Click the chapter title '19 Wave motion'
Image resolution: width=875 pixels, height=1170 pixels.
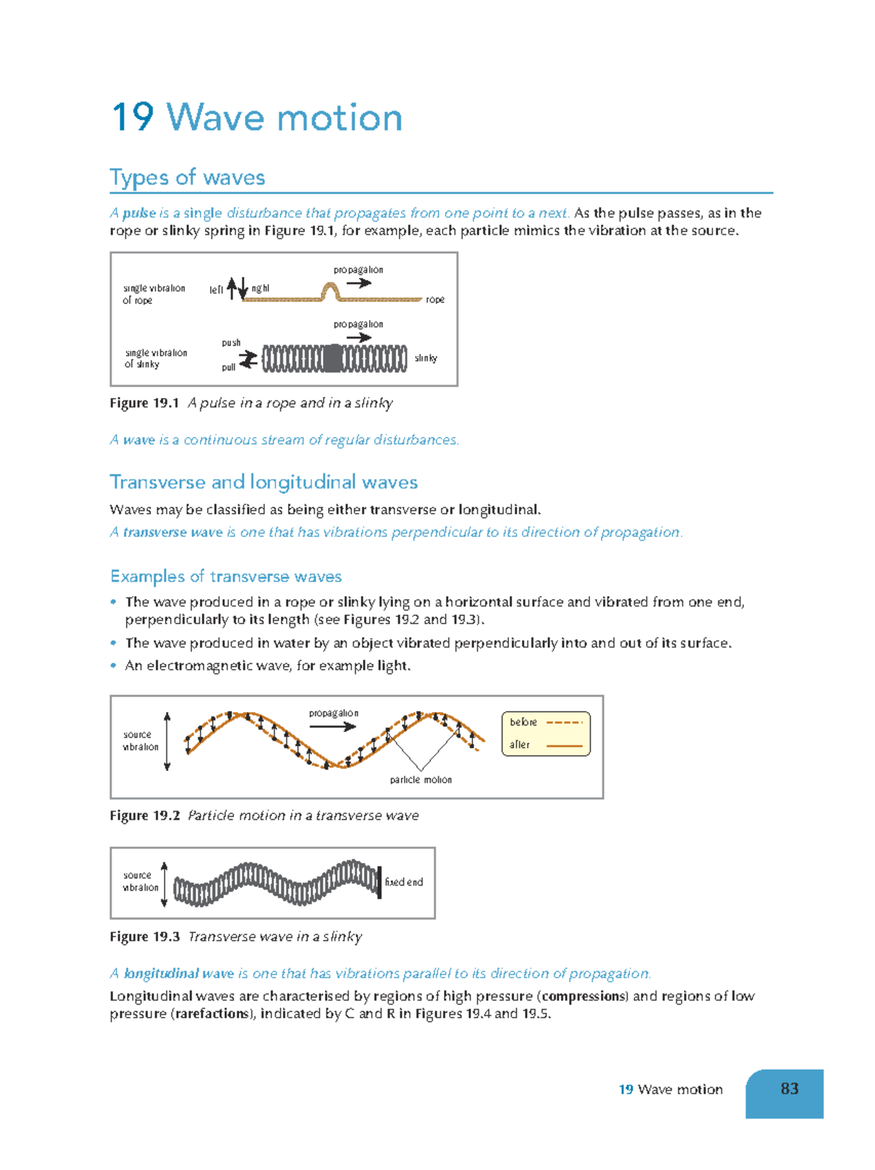click(257, 118)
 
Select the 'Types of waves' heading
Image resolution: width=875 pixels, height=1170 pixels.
click(187, 177)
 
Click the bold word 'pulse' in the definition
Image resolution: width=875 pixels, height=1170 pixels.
click(139, 213)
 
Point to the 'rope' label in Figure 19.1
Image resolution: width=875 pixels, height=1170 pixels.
click(435, 300)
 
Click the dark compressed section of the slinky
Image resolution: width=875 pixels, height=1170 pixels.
click(332, 358)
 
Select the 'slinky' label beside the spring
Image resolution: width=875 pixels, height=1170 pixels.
click(425, 358)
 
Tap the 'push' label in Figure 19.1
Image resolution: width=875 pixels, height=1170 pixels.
click(231, 343)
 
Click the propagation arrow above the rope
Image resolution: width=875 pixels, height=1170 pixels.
click(359, 283)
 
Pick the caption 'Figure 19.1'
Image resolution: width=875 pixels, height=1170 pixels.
click(144, 403)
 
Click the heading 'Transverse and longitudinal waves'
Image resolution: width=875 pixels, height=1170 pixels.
click(263, 482)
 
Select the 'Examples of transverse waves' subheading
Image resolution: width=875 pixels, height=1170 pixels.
click(226, 576)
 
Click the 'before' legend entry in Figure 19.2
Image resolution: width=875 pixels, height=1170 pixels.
click(524, 722)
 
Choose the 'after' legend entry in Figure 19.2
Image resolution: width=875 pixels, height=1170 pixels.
click(520, 745)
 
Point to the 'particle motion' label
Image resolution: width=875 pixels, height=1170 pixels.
click(421, 780)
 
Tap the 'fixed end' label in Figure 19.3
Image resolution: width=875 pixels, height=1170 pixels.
click(404, 882)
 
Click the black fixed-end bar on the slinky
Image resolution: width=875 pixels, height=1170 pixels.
click(379, 882)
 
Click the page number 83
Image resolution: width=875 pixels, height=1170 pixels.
click(789, 1089)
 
